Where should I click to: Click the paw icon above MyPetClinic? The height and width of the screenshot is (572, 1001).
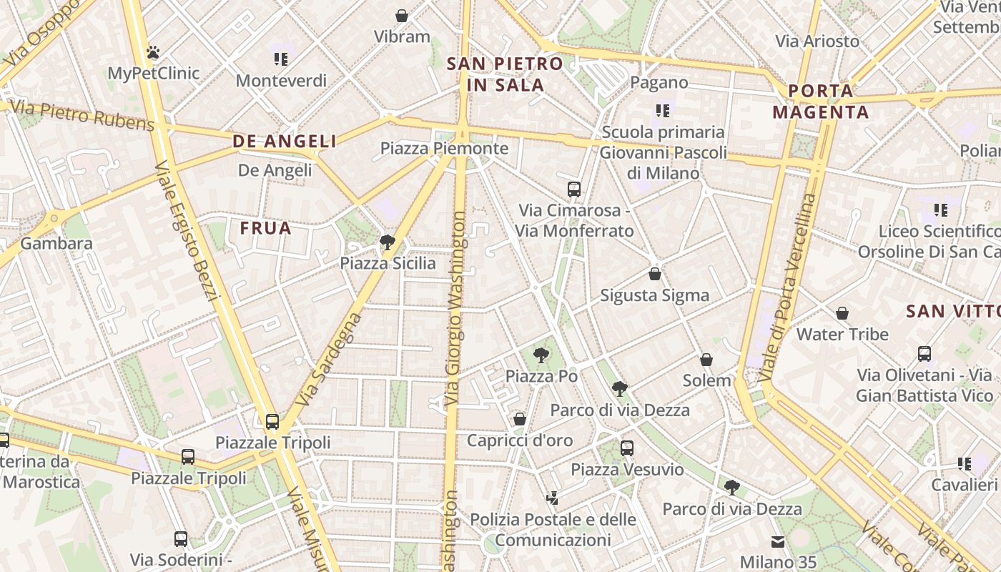pos(153,52)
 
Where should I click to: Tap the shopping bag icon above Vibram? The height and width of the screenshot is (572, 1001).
pos(402,15)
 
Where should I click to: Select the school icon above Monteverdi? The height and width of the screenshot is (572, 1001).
pos(281,59)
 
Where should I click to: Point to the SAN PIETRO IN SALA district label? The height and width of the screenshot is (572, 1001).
pos(505,74)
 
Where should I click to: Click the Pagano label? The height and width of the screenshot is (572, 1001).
pos(659,82)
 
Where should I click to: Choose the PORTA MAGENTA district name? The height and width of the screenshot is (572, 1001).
pos(821,102)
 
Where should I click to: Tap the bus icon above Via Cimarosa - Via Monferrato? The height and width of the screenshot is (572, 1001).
pos(573,189)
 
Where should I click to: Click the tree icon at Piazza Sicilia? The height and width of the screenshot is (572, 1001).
pos(388,242)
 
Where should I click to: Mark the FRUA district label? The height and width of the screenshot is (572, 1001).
pos(266,228)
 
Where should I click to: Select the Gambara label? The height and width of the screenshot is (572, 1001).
pos(56,243)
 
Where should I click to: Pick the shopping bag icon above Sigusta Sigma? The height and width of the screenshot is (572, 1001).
pos(654,274)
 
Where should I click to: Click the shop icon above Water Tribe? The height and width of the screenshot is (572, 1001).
pos(842,313)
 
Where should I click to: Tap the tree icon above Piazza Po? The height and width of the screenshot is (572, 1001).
pos(541,355)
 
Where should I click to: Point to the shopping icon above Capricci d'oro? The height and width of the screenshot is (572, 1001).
pos(520,419)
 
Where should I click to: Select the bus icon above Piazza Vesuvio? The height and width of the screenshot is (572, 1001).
pos(626,448)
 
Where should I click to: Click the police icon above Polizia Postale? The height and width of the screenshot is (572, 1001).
pos(552,498)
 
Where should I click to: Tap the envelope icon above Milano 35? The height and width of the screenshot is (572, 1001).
pos(777,541)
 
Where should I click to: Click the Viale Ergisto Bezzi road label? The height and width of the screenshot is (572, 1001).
pos(185,231)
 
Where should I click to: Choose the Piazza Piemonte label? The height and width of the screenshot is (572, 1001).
pos(444,149)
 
